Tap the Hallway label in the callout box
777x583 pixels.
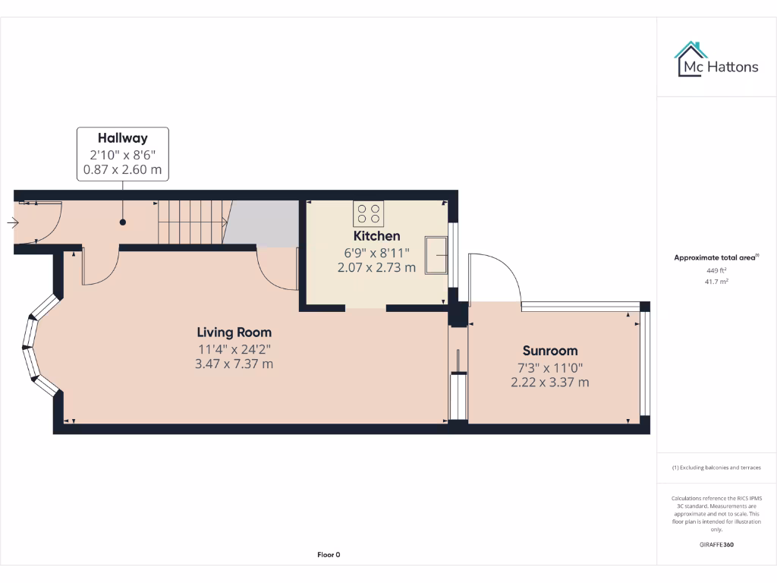click(122, 138)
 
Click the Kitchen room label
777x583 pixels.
click(376, 236)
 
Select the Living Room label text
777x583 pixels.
click(234, 332)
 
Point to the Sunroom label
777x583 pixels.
click(549, 351)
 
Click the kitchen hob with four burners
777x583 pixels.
click(369, 213)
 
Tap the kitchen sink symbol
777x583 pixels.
click(436, 254)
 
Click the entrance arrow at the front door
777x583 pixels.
click(13, 222)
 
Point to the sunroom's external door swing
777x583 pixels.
click(494, 277)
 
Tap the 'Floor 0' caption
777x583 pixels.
click(329, 555)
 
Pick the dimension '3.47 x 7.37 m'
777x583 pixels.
click(234, 364)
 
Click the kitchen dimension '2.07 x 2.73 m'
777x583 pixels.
click(376, 267)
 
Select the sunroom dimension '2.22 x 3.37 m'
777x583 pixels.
click(549, 383)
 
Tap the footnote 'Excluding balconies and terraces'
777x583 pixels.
click(717, 468)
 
